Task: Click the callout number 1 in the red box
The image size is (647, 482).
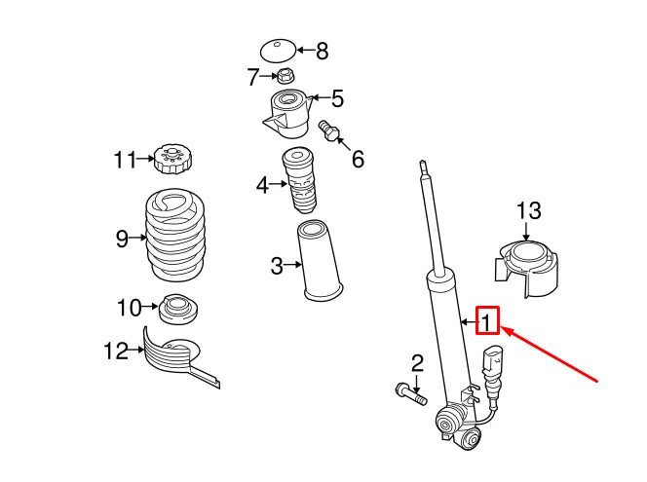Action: [487, 320]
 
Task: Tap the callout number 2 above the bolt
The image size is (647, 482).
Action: [417, 364]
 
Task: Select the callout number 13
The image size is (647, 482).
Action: [527, 211]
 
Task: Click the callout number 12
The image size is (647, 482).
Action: [116, 350]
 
